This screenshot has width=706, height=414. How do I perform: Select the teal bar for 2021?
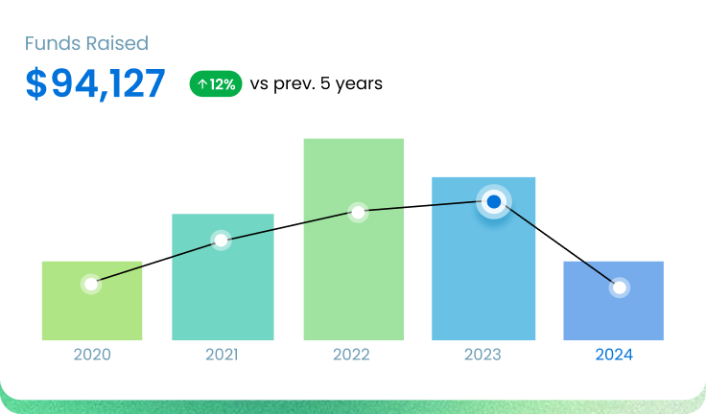click(x=223, y=287)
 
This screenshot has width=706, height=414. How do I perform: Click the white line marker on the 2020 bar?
click(x=91, y=285)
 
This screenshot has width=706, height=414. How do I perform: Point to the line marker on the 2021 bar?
click(x=221, y=240)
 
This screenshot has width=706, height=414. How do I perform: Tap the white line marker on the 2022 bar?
click(x=358, y=212)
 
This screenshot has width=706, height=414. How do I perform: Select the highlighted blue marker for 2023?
click(x=494, y=201)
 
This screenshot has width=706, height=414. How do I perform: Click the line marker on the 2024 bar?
click(x=620, y=287)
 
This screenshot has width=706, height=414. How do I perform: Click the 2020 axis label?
click(x=92, y=355)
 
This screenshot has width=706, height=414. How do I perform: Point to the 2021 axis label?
click(x=223, y=355)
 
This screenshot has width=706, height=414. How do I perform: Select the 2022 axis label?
click(x=351, y=355)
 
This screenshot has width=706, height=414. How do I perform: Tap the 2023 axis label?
click(x=482, y=355)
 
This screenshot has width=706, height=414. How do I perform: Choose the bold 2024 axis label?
click(x=614, y=355)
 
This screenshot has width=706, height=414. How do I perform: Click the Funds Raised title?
click(x=86, y=44)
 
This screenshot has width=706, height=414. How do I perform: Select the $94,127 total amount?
click(x=95, y=84)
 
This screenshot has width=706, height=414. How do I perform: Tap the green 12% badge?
click(x=216, y=84)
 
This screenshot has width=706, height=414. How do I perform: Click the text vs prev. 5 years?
click(x=316, y=84)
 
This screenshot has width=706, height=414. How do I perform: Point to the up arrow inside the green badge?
click(x=202, y=84)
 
